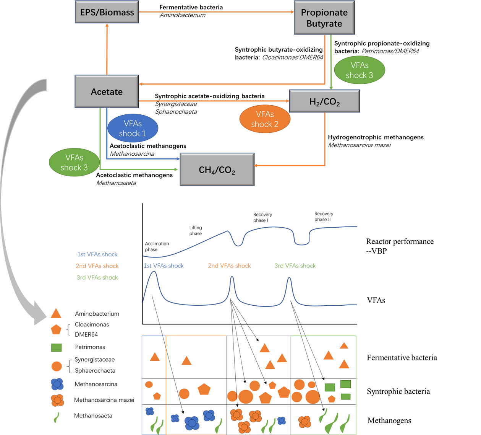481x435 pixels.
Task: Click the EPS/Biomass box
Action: tap(107, 12)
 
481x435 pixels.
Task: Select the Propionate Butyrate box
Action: tap(324, 18)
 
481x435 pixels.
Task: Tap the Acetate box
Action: tap(107, 92)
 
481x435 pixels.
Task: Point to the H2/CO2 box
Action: tap(324, 101)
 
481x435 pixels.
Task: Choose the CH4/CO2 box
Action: tap(217, 170)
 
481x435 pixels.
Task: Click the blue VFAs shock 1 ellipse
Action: tap(133, 129)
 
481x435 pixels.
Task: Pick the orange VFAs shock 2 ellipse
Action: tap(265, 119)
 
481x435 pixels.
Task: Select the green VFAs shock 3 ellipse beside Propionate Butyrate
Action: tap(360, 70)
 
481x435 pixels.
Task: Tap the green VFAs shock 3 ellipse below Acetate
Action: tap(74, 163)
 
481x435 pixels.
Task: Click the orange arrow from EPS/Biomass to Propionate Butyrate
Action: tap(216, 12)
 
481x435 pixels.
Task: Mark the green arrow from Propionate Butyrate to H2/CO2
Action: tap(331, 61)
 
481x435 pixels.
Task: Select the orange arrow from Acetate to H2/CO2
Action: tap(214, 101)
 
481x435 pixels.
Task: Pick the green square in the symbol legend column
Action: tap(57, 348)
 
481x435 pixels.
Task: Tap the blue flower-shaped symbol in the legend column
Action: tap(57, 384)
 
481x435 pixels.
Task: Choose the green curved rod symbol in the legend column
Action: tap(57, 417)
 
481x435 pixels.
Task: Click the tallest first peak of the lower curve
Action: tap(154, 272)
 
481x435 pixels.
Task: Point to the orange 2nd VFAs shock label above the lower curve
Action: tap(229, 266)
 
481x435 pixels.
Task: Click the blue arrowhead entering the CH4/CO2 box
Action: tap(178, 158)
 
